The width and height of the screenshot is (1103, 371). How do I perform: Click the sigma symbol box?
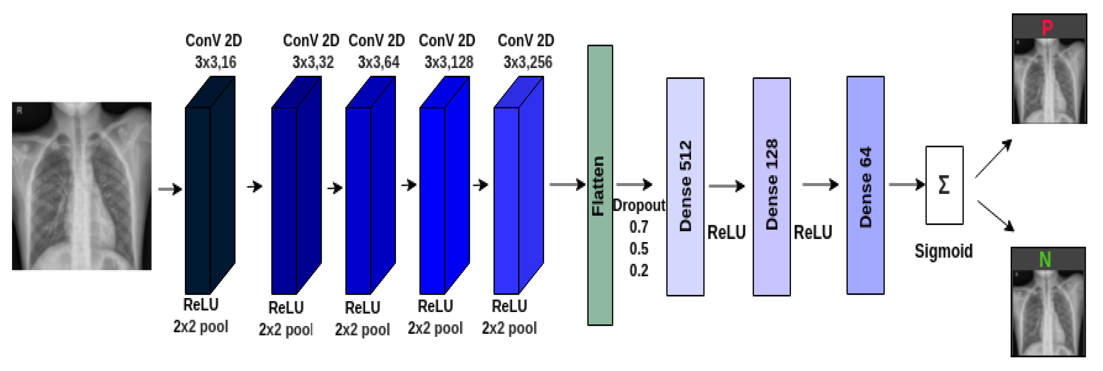pos(944,185)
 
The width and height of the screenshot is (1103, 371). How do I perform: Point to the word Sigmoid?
pos(943,251)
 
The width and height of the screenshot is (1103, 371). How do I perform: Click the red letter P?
pos(1047,28)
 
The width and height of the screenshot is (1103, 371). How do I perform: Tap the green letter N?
pos(1045,260)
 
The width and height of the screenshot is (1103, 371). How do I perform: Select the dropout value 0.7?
pos(638,227)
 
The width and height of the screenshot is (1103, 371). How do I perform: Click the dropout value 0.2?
pos(638,270)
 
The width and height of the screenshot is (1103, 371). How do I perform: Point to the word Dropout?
pos(638,206)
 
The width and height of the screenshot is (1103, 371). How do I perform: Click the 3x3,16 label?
pos(215,63)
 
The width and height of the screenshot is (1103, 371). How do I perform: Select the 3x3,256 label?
pos(527,63)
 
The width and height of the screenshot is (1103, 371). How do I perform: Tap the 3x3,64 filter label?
pos(378,63)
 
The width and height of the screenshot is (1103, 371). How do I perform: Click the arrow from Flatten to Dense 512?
pos(634,185)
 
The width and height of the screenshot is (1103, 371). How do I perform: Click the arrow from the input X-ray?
pos(170,189)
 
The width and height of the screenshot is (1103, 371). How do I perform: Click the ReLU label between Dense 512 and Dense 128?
pos(726,233)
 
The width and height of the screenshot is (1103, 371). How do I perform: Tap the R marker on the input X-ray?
pos(19,110)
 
